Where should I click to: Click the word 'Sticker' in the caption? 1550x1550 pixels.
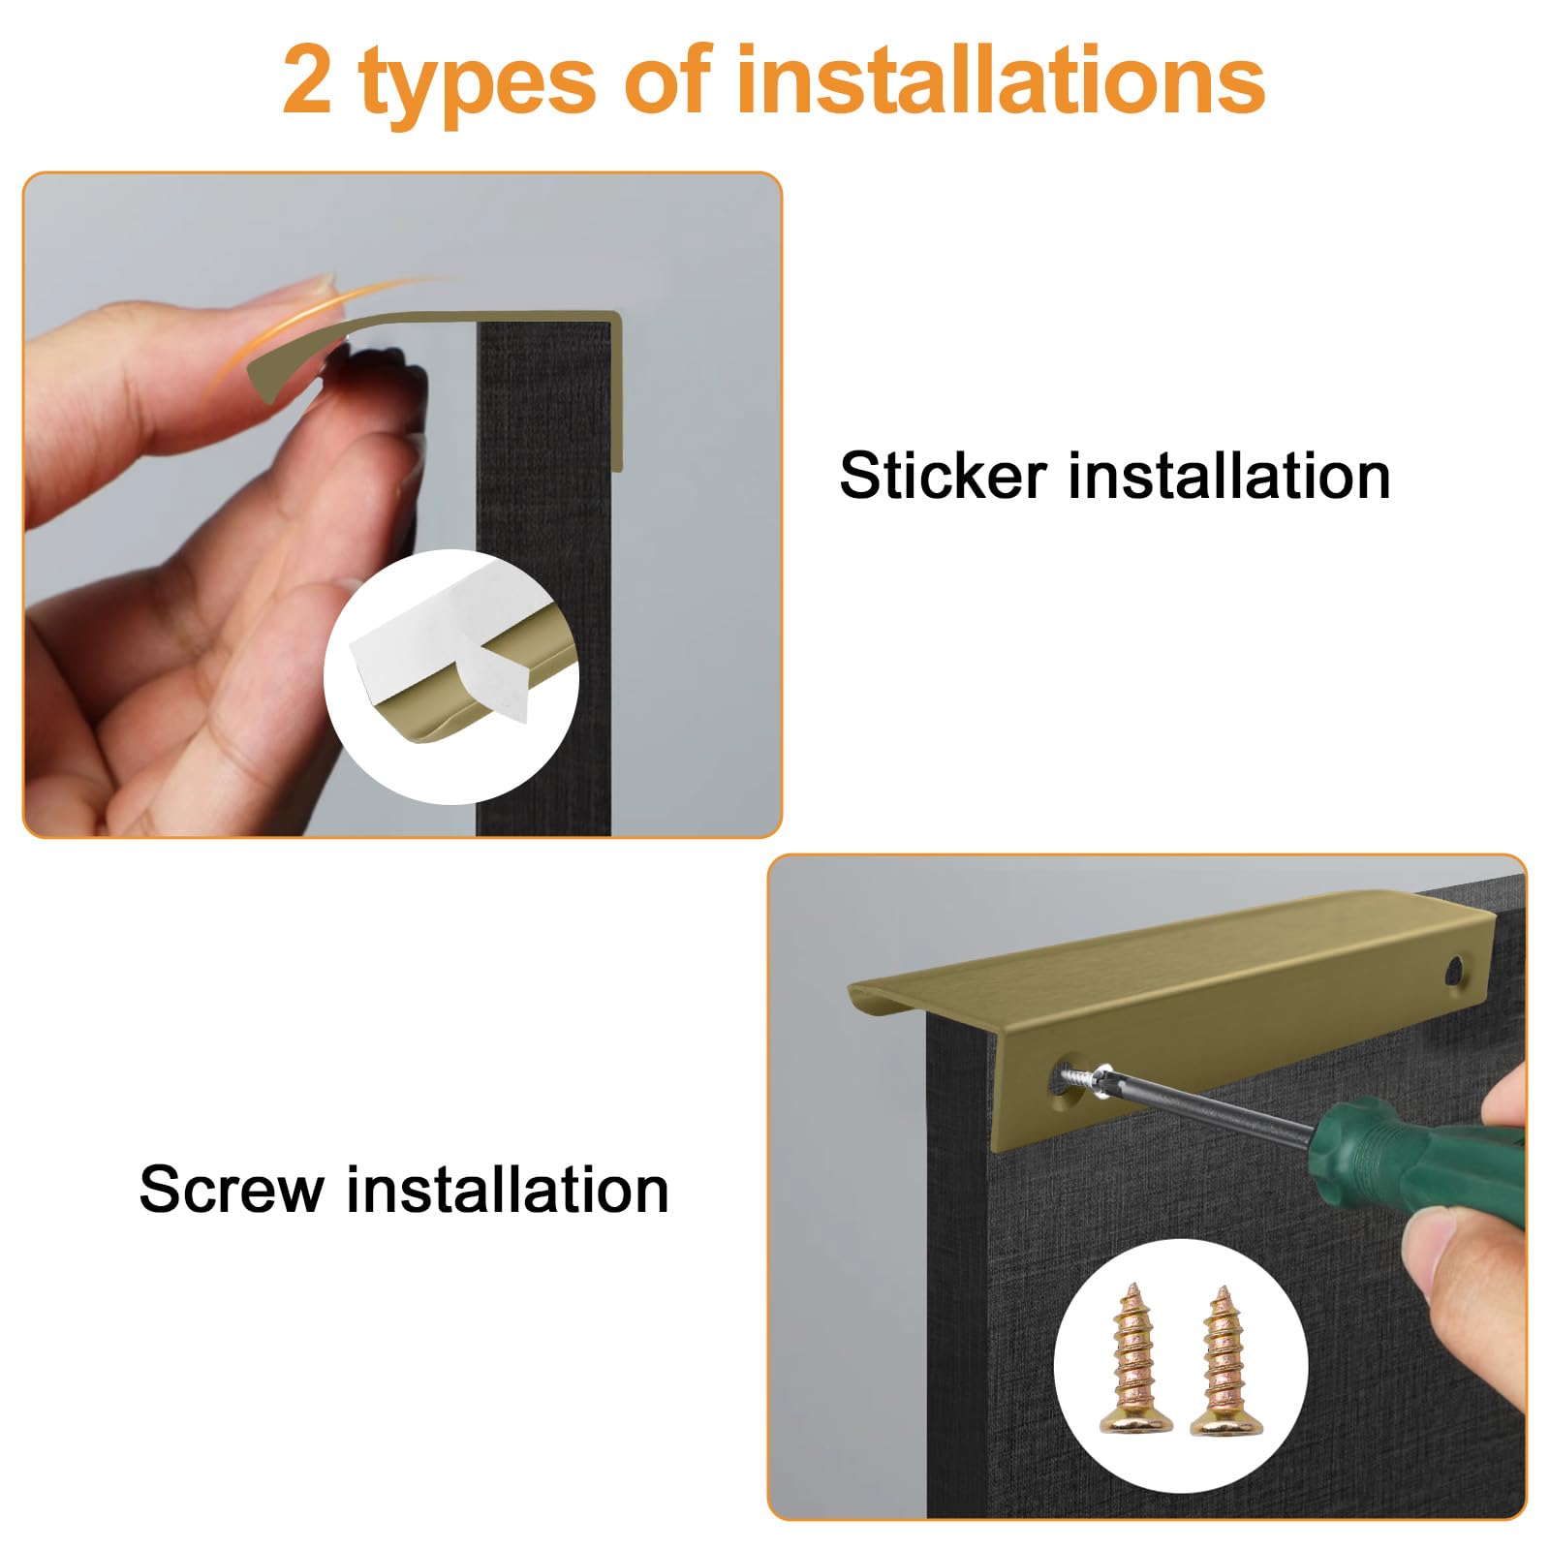944,476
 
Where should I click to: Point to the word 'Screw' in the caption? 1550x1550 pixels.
232,1189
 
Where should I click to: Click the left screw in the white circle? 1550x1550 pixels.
1134,1357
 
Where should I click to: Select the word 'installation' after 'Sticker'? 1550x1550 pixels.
1229,476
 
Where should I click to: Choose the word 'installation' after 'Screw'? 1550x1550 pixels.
508,1189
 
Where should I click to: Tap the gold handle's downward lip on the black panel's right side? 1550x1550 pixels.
616,392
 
